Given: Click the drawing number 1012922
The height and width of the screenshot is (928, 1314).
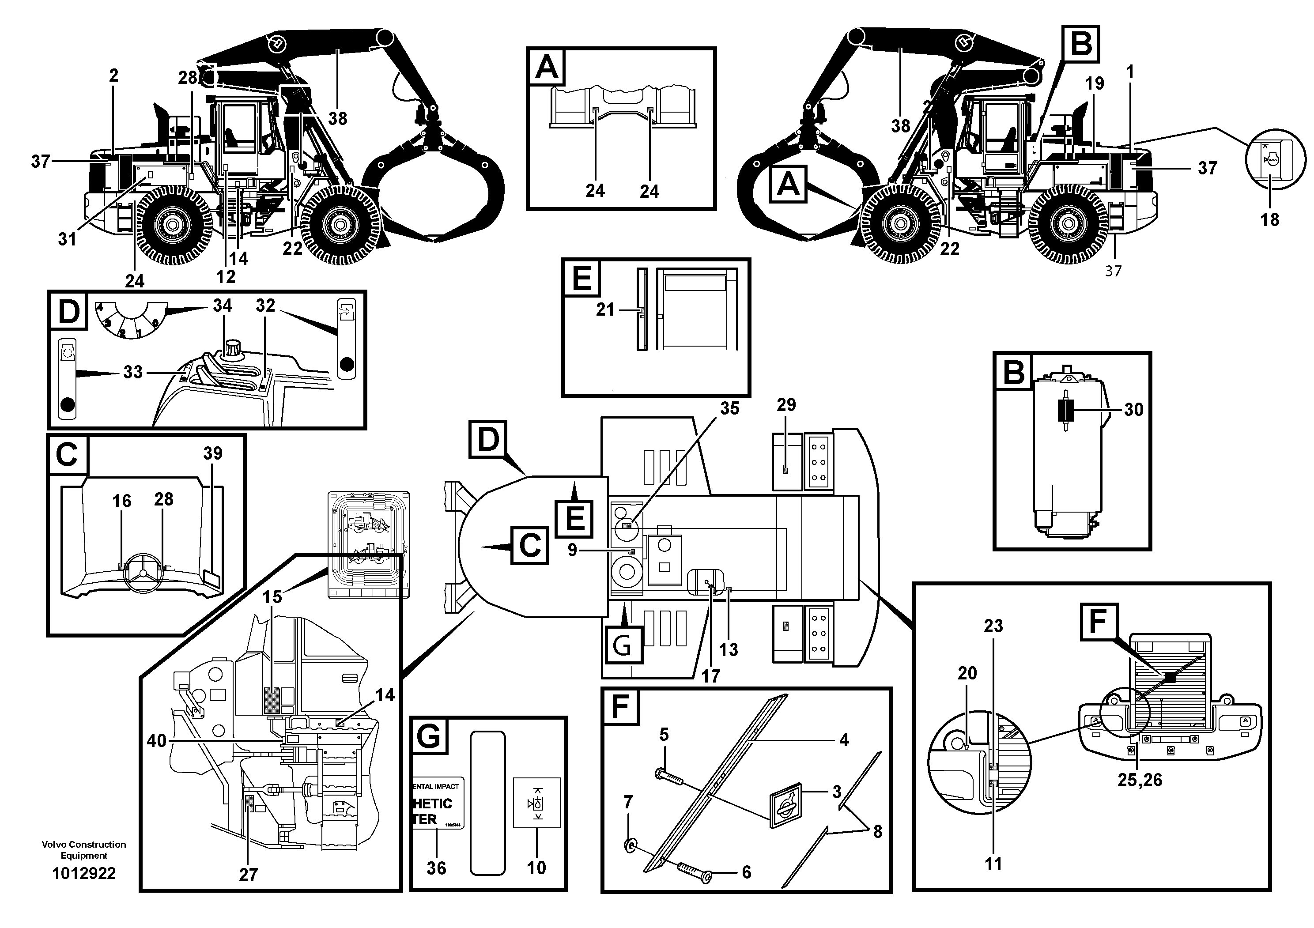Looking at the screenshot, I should [83, 873].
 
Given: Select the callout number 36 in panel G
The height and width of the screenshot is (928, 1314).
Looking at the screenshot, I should [436, 868].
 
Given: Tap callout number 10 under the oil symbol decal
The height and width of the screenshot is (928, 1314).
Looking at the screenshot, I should [536, 868].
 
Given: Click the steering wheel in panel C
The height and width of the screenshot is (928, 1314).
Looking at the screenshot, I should [143, 573].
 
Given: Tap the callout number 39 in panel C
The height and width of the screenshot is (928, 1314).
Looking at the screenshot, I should [213, 453].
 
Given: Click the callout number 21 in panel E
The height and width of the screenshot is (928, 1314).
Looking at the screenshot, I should [605, 309].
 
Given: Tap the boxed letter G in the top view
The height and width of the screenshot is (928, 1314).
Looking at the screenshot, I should [622, 645].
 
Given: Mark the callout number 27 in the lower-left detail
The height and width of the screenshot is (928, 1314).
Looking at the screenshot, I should [249, 874].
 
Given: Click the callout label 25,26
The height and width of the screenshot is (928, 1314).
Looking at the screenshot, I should [1140, 780].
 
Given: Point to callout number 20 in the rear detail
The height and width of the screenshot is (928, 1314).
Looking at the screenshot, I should [967, 673].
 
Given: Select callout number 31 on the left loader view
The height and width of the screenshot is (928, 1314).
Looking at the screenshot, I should [67, 239].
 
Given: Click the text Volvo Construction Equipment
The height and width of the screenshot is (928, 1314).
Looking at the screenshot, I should [83, 849].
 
